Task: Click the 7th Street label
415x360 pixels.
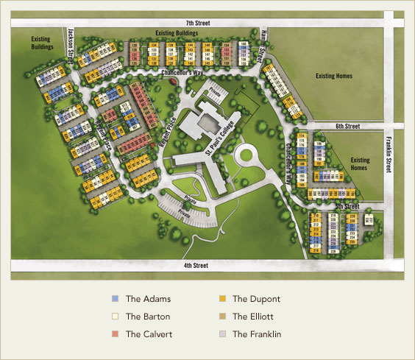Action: click(197, 24)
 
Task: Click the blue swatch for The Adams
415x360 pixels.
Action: click(114, 299)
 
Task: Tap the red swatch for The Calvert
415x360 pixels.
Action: click(114, 334)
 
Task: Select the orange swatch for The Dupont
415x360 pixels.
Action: click(221, 299)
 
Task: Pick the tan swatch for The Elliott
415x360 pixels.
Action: click(221, 317)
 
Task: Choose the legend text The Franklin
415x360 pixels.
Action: click(257, 334)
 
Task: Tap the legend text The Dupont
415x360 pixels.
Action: click(255, 299)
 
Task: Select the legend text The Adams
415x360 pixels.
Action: click(148, 299)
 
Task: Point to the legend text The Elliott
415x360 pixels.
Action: click(254, 317)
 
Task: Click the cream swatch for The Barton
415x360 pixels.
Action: click(114, 317)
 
